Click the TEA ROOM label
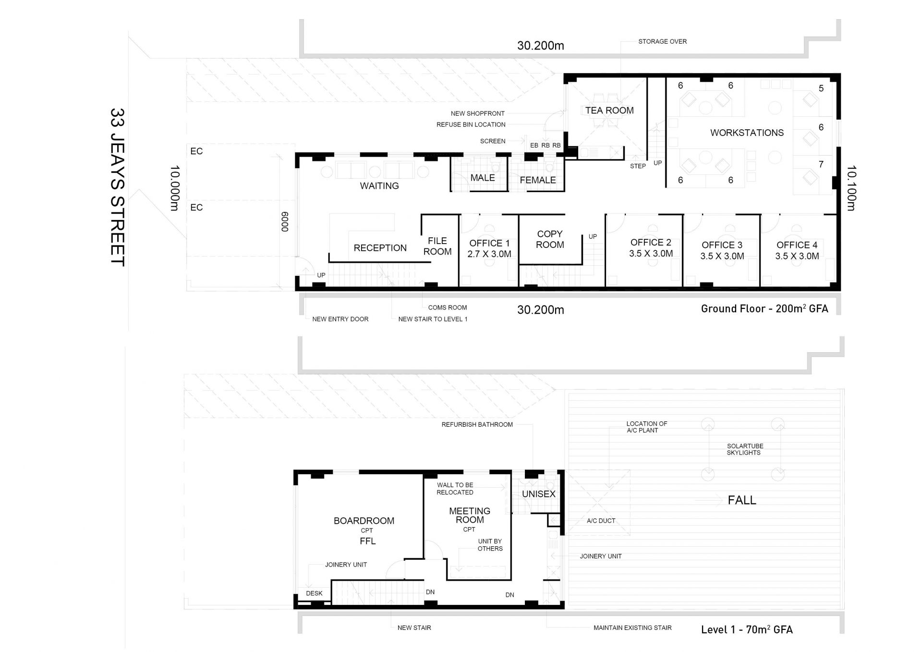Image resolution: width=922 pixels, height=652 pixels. click(609, 111)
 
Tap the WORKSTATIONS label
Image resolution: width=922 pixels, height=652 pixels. click(747, 133)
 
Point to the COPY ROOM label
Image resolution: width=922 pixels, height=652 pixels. click(550, 239)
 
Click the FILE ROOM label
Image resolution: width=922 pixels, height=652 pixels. click(437, 246)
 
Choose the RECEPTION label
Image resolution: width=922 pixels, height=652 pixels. click(380, 248)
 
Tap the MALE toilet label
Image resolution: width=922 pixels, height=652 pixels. click(483, 178)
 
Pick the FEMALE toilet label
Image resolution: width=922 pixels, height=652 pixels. click(538, 180)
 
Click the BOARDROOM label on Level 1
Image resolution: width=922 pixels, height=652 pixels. click(364, 521)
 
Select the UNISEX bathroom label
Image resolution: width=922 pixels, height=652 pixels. click(539, 494)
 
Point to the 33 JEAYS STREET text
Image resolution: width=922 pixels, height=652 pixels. click(118, 187)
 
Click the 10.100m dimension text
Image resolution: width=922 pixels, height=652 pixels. click(851, 188)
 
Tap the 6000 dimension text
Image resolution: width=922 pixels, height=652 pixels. click(284, 222)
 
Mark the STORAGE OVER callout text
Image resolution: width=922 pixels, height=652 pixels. click(662, 41)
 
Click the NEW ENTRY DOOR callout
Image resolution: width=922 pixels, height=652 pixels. click(340, 319)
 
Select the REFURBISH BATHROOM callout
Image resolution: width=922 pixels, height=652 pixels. click(477, 424)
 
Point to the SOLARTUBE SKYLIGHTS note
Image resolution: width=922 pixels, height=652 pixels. click(744, 449)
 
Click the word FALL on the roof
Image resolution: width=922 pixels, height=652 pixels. click(742, 500)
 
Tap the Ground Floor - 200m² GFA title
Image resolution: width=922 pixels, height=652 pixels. click(764, 308)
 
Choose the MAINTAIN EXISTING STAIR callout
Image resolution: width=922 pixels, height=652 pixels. click(632, 627)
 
